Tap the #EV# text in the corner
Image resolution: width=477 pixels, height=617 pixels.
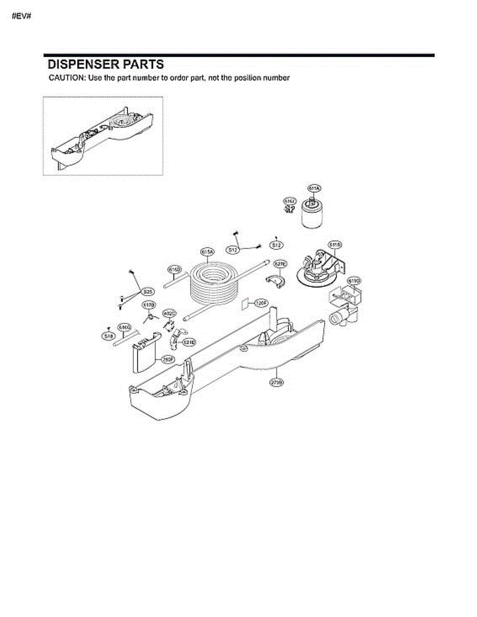[21, 15]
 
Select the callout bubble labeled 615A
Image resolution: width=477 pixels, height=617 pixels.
[207, 251]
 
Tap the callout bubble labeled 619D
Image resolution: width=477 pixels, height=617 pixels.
[355, 281]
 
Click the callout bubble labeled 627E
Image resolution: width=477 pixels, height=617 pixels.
[280, 263]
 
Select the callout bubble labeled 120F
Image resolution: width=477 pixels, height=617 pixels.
[261, 303]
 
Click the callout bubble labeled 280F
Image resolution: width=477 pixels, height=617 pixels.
[167, 359]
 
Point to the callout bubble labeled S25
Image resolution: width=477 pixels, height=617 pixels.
[148, 292]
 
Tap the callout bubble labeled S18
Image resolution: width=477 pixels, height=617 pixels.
[108, 336]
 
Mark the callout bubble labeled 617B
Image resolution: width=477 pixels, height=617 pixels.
[149, 305]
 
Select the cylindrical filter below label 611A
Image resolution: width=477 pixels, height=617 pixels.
[311, 216]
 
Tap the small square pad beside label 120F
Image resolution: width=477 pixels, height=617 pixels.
[245, 303]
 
